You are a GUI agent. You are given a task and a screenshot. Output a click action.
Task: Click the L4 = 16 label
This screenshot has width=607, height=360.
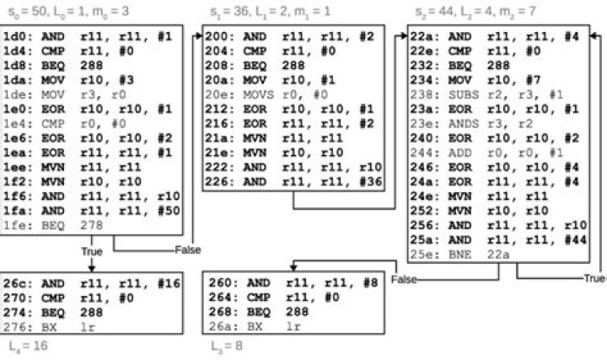(x=26, y=345)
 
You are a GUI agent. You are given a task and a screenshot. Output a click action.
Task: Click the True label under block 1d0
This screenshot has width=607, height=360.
(x=92, y=251)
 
